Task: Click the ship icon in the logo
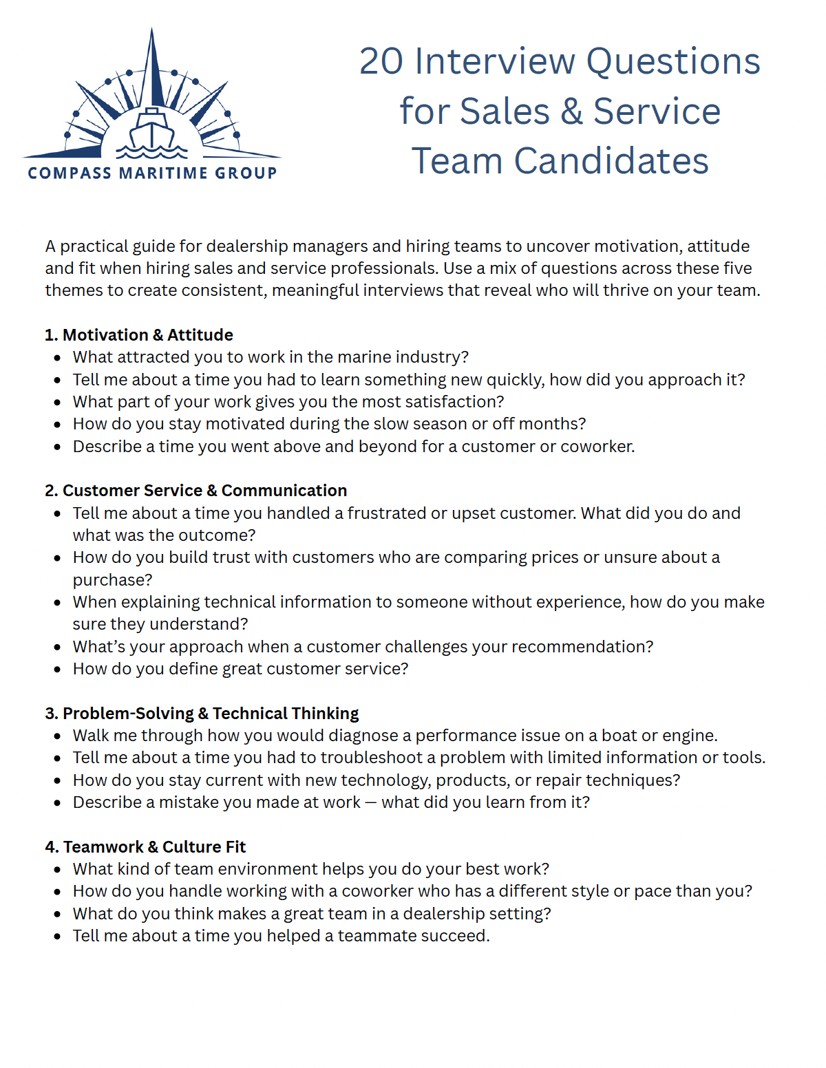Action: coord(152,128)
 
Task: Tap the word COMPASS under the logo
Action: coord(69,173)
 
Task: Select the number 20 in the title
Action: coord(381,61)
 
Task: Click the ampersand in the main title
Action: coord(571,111)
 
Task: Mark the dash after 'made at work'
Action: coord(371,803)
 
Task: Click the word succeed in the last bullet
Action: coord(455,936)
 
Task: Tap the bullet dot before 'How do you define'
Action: coord(58,670)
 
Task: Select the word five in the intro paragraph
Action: coord(737,268)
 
